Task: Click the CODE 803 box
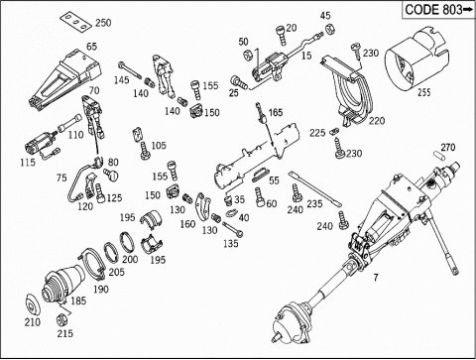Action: tap(438, 10)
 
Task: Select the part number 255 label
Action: tap(424, 92)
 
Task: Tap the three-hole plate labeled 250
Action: tap(76, 23)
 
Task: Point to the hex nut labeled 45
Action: tap(328, 30)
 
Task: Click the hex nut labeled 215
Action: tap(61, 319)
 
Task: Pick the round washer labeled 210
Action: tap(33, 304)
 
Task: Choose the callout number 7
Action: tap(376, 277)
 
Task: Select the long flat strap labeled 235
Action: tap(315, 189)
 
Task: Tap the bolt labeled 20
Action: tap(281, 36)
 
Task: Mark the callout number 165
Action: tap(276, 113)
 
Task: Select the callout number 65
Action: tap(91, 47)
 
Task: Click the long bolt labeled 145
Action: tap(131, 70)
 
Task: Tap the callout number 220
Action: tap(377, 121)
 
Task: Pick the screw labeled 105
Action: tap(145, 151)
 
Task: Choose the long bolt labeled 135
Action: tap(233, 229)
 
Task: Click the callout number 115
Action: tap(28, 163)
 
